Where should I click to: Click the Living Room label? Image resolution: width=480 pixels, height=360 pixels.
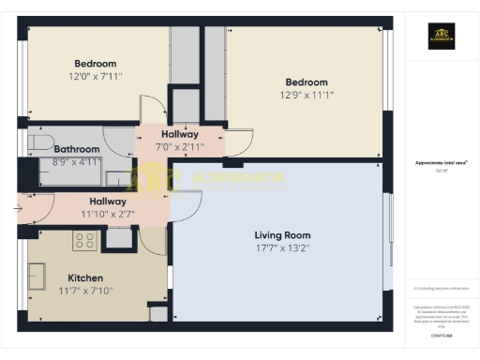[282, 234]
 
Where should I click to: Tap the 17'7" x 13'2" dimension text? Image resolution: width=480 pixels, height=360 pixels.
[282, 249]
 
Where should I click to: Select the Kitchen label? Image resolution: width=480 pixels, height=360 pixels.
[85, 277]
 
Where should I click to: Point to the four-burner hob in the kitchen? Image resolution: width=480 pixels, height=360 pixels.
[85, 241]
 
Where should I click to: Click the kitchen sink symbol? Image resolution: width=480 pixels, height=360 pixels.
[38, 276]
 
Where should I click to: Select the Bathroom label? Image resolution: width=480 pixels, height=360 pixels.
[76, 149]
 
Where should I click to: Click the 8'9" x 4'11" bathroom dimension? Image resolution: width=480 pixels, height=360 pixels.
[76, 162]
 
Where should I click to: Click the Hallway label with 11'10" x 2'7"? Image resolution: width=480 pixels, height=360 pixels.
[108, 201]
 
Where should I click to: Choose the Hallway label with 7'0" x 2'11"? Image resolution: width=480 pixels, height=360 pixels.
[179, 134]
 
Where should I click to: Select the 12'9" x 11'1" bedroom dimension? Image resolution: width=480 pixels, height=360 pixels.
[307, 95]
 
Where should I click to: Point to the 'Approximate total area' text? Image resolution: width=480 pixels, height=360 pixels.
[441, 162]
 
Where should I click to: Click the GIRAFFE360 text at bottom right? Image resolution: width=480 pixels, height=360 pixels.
[441, 334]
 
